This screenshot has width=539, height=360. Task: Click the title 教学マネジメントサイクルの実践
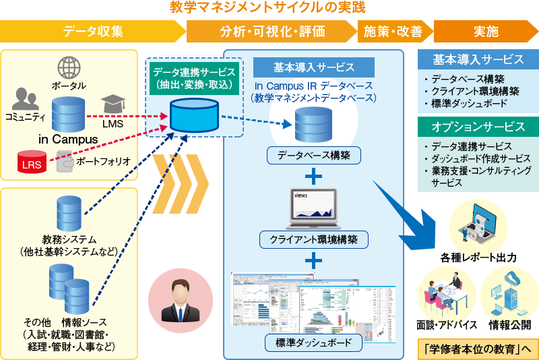(x=268, y=9)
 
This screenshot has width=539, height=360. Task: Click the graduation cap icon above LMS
(x=113, y=104)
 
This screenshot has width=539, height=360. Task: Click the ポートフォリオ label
(x=98, y=162)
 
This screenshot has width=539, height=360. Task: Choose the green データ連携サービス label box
(x=193, y=78)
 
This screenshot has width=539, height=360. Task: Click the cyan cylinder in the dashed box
(x=193, y=115)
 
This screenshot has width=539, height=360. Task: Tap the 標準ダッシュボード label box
(x=313, y=343)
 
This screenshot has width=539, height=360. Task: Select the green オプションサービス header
(x=478, y=127)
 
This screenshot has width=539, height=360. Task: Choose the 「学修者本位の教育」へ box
(x=478, y=349)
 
